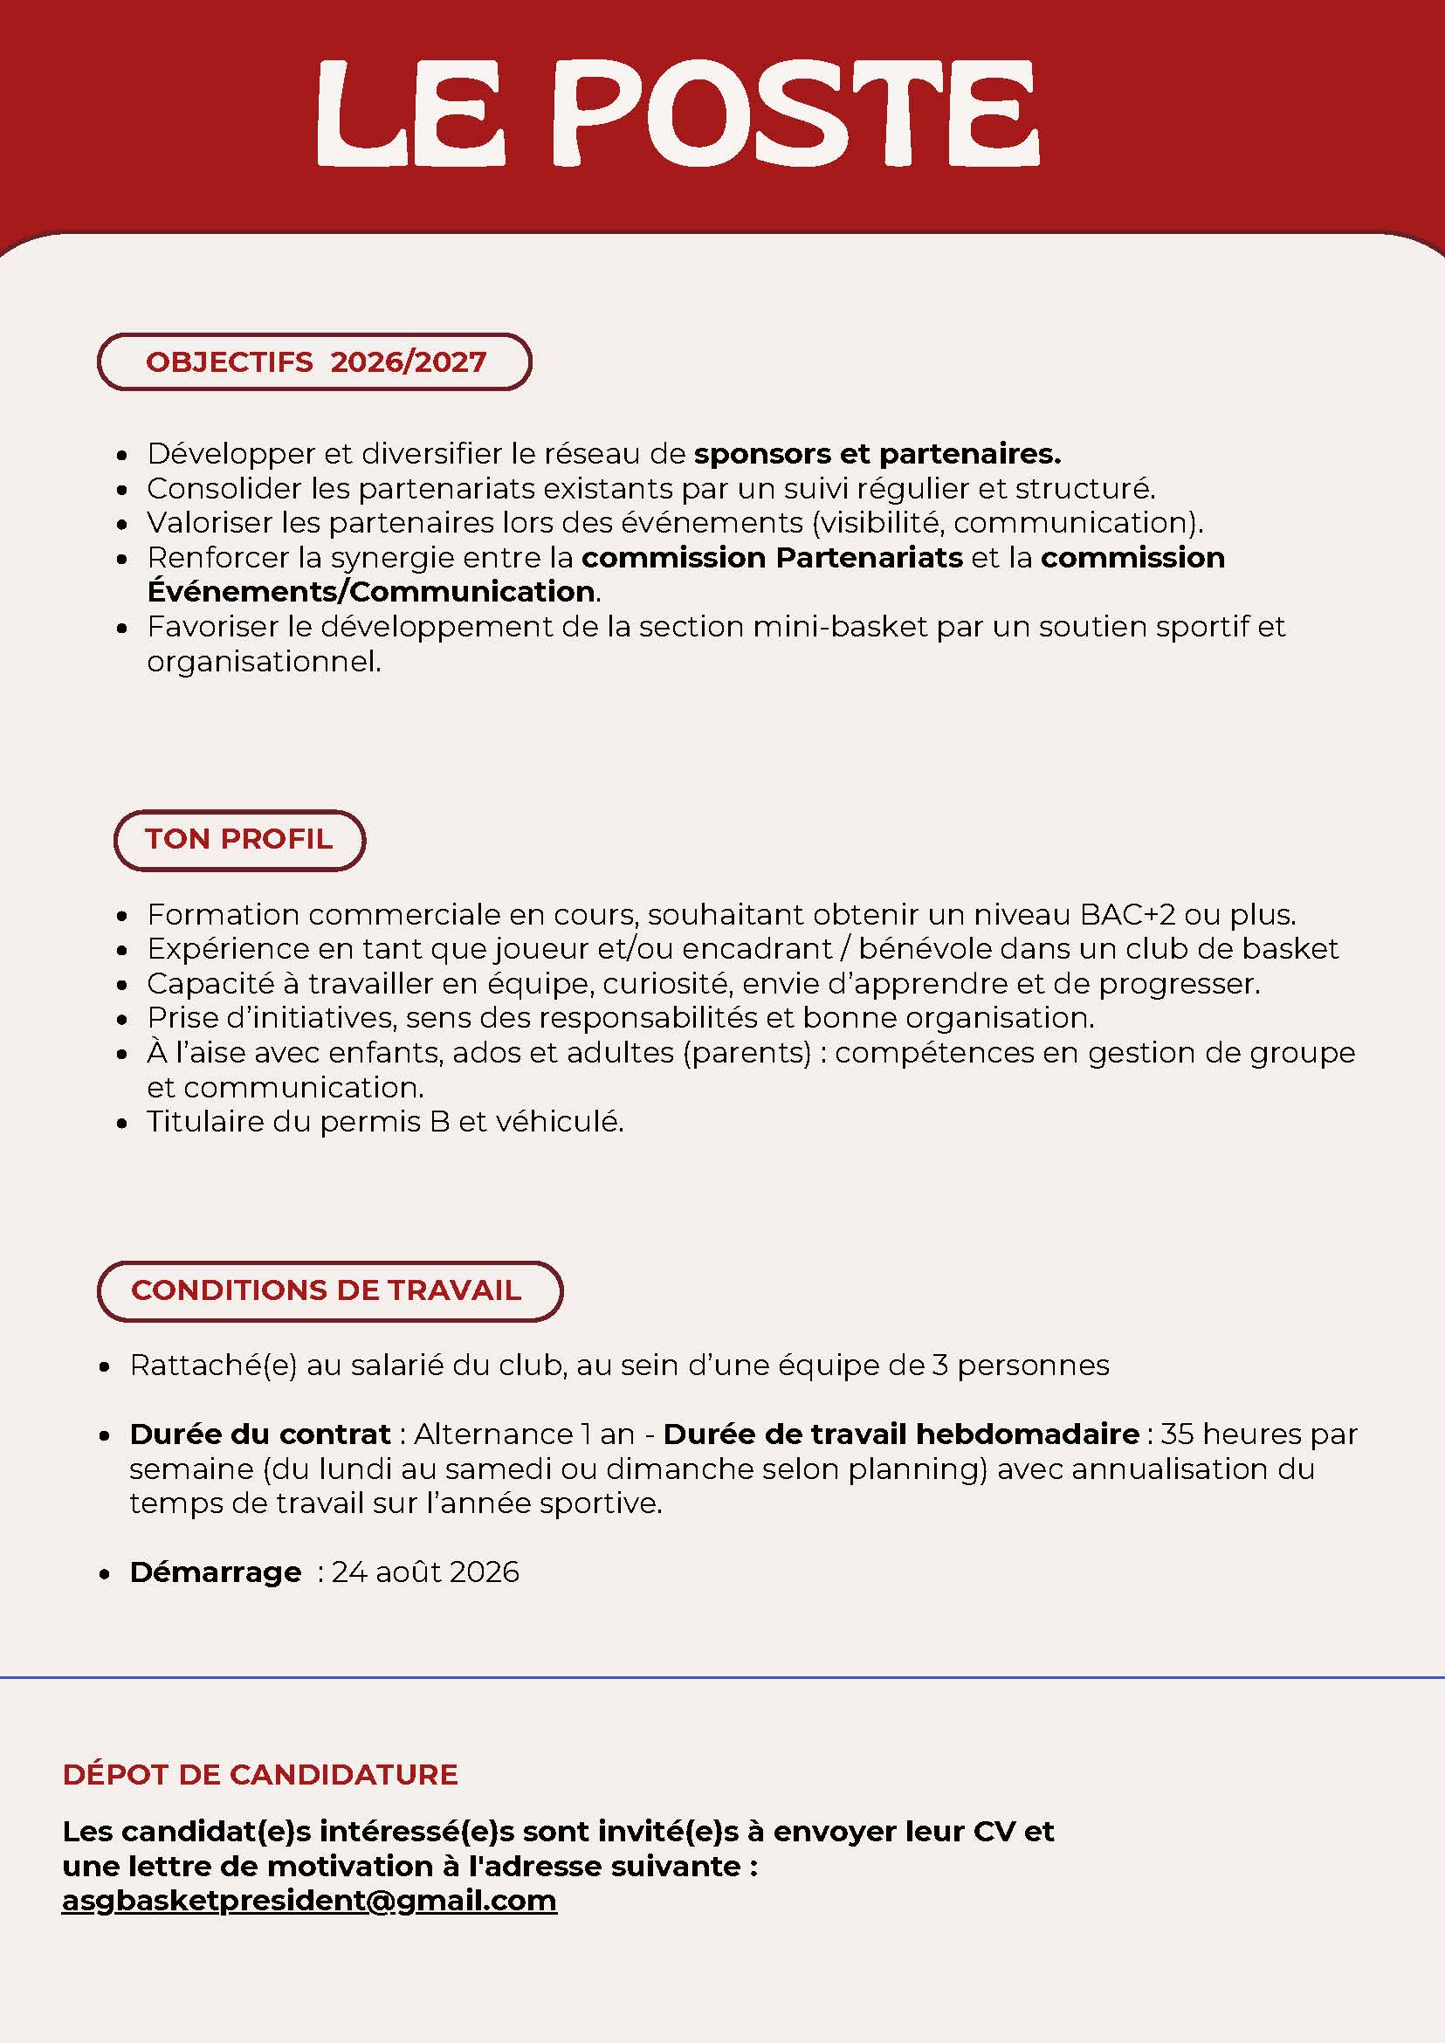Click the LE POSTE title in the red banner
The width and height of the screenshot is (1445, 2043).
click(678, 113)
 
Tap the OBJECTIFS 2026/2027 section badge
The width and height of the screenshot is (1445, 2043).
click(314, 362)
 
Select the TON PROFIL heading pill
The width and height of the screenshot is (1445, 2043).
click(239, 839)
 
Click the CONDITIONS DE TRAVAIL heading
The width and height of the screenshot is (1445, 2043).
click(329, 1290)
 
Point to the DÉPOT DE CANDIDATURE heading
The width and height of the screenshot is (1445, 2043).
click(260, 1774)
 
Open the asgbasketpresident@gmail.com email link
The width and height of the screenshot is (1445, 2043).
click(309, 1900)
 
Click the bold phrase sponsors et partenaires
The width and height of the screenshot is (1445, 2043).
click(877, 454)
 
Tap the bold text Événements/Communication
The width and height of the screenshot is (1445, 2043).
click(371, 592)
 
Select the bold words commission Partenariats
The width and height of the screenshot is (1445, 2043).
click(772, 558)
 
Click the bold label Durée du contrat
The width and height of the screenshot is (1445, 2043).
click(260, 1434)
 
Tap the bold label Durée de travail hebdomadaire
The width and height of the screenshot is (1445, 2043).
click(900, 1434)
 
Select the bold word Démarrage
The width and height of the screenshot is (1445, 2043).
click(216, 1572)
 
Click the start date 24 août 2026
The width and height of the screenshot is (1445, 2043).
click(425, 1572)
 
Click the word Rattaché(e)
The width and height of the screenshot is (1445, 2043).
click(213, 1365)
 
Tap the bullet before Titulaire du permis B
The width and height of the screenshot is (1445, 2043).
click(123, 1124)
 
